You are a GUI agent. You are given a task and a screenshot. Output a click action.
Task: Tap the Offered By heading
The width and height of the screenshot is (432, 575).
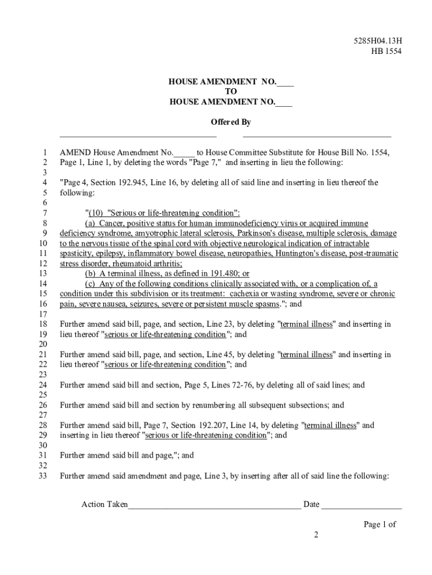(231, 122)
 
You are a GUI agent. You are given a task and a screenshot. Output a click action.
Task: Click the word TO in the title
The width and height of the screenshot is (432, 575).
(231, 92)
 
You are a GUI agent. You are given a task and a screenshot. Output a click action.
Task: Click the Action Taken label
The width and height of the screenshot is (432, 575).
(104, 504)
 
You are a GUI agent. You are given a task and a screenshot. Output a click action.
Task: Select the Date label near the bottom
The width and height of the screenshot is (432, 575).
(311, 504)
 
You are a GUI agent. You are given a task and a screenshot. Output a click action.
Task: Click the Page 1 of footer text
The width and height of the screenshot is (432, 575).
(380, 524)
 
